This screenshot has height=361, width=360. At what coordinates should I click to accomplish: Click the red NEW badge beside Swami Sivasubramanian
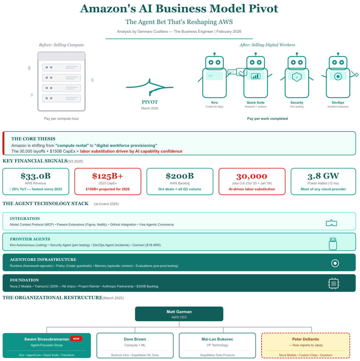(76, 339)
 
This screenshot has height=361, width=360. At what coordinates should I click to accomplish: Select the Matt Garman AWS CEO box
(179, 314)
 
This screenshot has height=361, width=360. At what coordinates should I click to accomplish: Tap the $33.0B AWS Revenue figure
(36, 176)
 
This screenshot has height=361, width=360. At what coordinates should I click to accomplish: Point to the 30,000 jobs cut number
(252, 176)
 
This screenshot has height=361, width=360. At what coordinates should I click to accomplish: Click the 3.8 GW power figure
(323, 176)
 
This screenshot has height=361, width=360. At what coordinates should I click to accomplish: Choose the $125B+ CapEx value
(108, 176)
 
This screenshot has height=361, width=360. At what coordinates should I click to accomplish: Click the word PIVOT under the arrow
(150, 102)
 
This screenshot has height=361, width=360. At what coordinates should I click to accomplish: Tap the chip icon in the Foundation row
(333, 283)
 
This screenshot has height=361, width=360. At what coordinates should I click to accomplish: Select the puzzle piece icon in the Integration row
(331, 223)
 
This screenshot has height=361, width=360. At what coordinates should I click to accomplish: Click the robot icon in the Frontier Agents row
(333, 243)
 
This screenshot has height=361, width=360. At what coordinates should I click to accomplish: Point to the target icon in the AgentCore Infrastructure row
(335, 263)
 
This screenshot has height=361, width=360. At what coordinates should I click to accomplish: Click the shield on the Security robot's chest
(297, 77)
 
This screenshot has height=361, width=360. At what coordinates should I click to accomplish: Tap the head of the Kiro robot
(214, 62)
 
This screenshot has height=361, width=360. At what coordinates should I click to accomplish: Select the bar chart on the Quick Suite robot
(256, 76)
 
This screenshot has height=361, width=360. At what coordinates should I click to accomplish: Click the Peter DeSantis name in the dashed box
(306, 339)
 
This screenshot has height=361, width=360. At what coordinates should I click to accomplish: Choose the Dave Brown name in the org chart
(135, 339)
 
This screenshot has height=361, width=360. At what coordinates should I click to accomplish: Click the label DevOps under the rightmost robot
(338, 103)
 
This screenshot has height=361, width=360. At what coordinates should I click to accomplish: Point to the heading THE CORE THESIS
(33, 139)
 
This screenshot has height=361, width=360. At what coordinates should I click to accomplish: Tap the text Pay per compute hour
(61, 119)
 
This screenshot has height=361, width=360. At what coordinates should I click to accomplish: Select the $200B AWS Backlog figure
(180, 176)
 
